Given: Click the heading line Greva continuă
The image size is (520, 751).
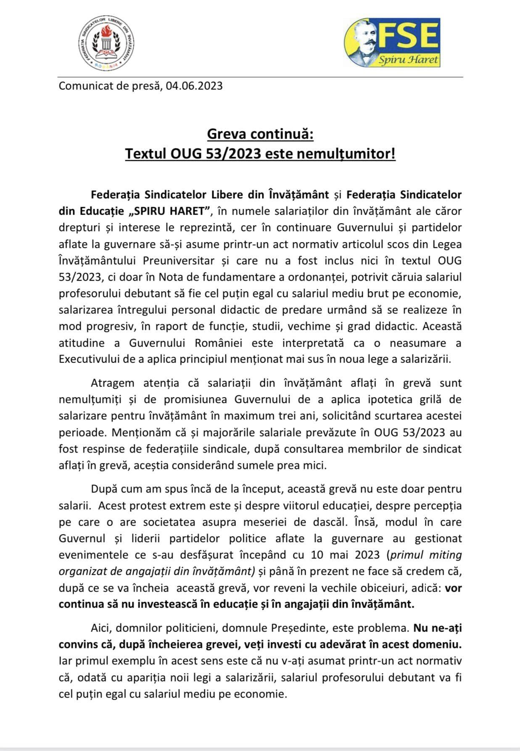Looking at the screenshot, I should [260, 135].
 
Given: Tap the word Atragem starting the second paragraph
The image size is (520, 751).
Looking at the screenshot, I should [112, 383].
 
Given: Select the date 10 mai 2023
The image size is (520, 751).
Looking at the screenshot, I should [345, 555].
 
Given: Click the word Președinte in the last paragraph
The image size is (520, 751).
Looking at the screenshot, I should [304, 628].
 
